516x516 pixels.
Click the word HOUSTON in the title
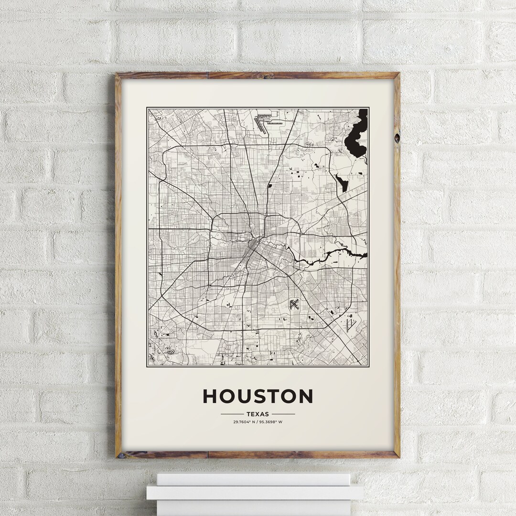click(258, 396)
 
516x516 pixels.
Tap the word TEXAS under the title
click(258, 414)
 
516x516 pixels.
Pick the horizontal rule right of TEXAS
click(283, 414)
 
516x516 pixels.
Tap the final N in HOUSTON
click(304, 396)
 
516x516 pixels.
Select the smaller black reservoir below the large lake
click(342, 183)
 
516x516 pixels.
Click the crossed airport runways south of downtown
click(294, 304)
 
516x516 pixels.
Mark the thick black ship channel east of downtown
click(330, 255)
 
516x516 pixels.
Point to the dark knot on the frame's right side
click(397, 138)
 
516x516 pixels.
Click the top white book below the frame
click(253, 479)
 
